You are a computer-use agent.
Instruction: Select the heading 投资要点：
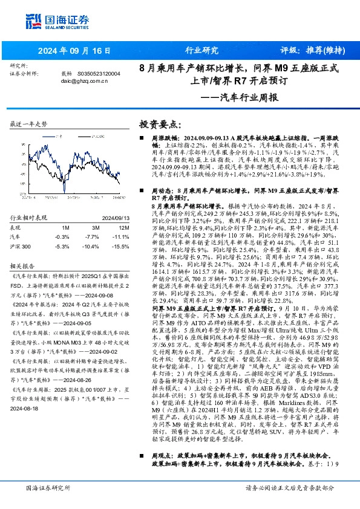(160, 124)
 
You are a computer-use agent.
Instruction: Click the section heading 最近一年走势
(29, 123)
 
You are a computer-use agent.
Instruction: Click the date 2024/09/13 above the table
(109, 217)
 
